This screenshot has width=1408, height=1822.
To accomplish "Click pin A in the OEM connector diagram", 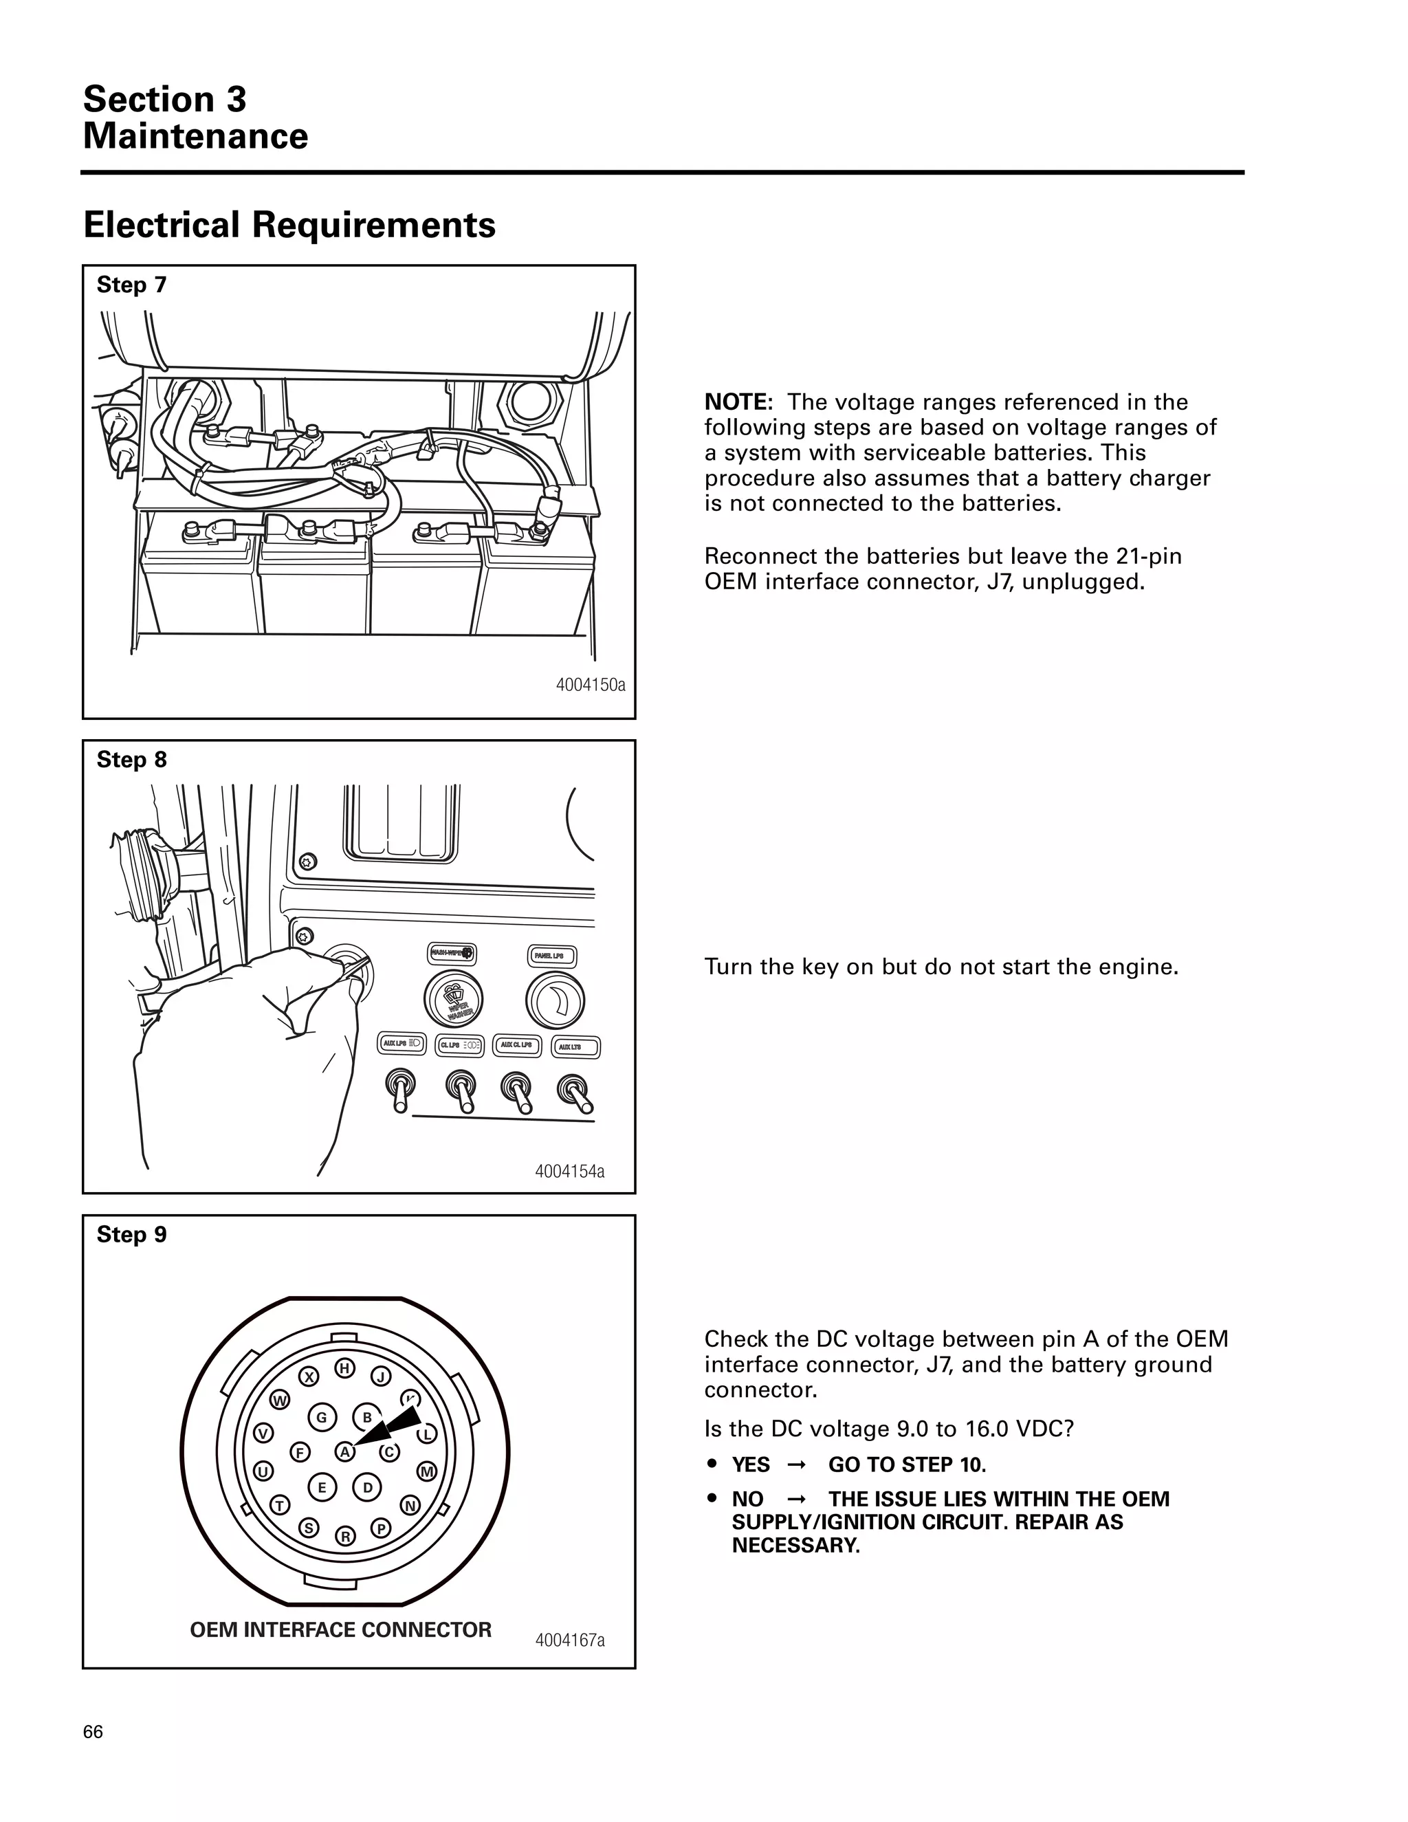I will tap(344, 1451).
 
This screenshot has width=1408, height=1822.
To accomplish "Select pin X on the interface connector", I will tap(309, 1376).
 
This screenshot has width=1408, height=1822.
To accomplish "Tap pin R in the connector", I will tap(345, 1536).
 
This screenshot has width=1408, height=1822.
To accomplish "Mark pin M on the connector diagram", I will tap(427, 1471).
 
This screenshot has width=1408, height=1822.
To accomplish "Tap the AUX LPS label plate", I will tap(403, 1044).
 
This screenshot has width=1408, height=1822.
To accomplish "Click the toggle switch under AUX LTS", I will tap(575, 1091).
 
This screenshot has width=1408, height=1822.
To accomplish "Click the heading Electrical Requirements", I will tap(289, 226).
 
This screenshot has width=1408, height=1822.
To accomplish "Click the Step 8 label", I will tap(132, 760).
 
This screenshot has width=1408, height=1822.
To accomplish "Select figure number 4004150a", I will tap(591, 685).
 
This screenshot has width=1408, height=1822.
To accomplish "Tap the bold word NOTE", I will tap(738, 402).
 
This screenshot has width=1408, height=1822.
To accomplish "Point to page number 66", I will tap(93, 1732).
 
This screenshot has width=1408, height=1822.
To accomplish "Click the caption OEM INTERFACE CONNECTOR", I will tap(340, 1629).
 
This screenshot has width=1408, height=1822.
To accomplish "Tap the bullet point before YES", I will tap(712, 1464).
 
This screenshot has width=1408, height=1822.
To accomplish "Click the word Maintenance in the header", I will tap(195, 136).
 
